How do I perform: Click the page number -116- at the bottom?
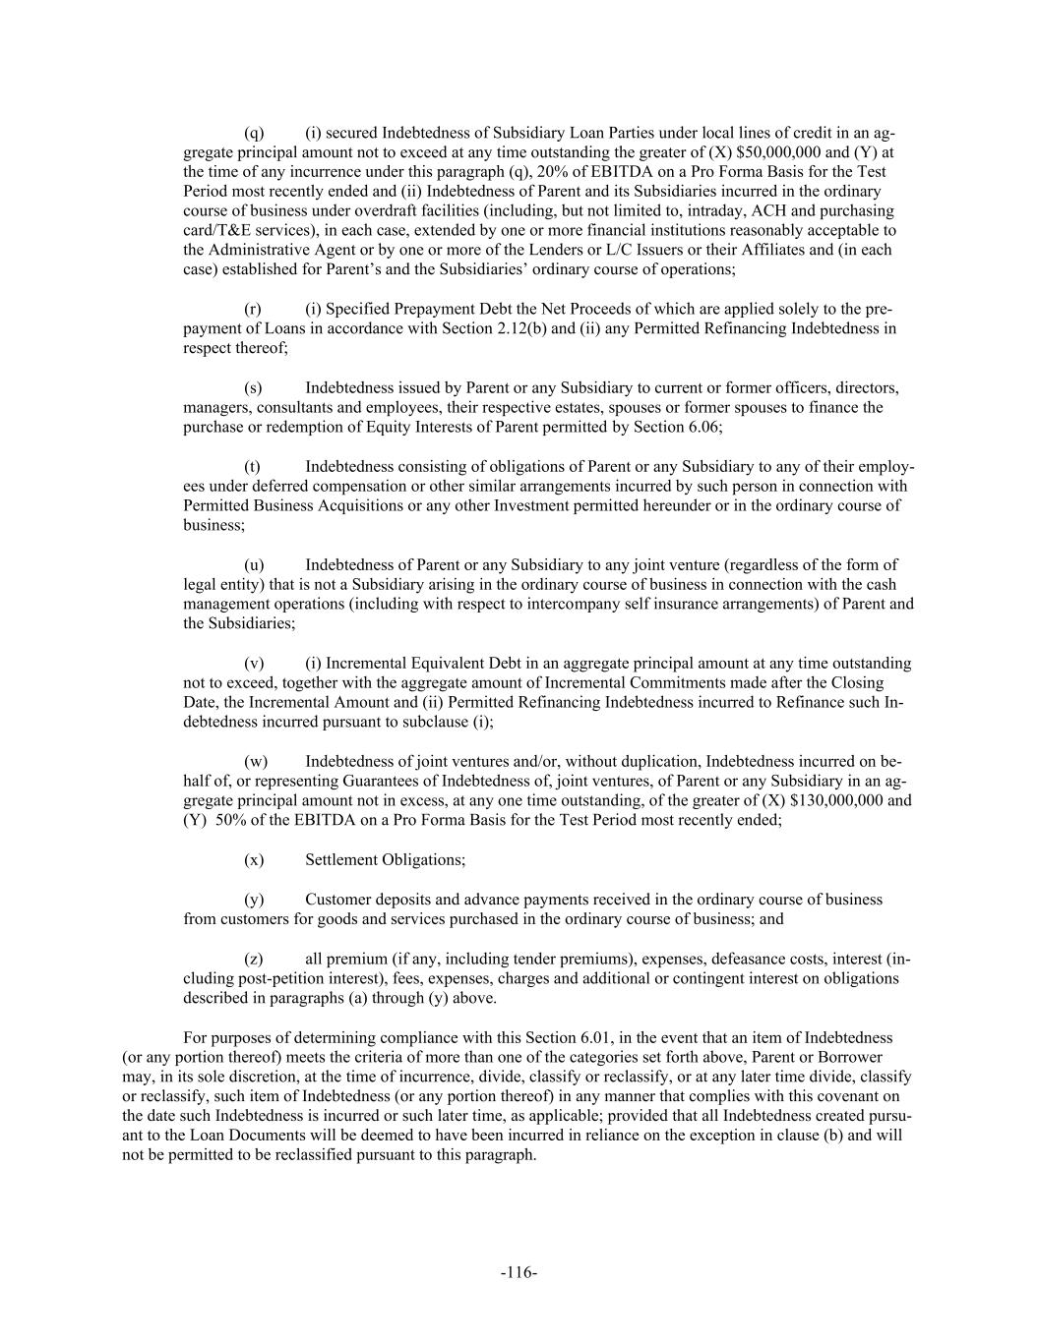point(519,1272)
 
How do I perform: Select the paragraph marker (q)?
point(254,132)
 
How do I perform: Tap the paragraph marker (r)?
point(253,309)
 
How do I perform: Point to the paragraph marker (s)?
point(253,387)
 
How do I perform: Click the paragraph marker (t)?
point(252,466)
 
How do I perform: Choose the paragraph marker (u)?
point(254,564)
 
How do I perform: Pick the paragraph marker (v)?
point(254,663)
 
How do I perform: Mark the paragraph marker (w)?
point(255,761)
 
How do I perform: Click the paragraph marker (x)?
point(254,859)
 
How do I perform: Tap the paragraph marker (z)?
point(253,958)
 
